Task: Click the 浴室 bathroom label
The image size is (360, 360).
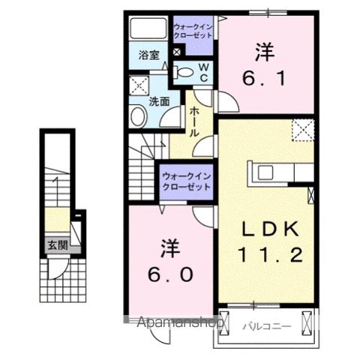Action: pyautogui.click(x=148, y=54)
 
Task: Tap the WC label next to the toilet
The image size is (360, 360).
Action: pyautogui.click(x=202, y=73)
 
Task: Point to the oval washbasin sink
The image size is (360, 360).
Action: pyautogui.click(x=138, y=116)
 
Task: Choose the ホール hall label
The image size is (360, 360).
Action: pyautogui.click(x=194, y=120)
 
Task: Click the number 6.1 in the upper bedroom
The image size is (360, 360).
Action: pyautogui.click(x=263, y=77)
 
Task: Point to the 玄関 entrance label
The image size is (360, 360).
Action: pyautogui.click(x=55, y=244)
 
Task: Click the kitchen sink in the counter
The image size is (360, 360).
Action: pyautogui.click(x=266, y=172)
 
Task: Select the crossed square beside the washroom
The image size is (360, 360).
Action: pyautogui.click(x=138, y=85)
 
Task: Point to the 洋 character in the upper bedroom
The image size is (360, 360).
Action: pyautogui.click(x=263, y=52)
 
